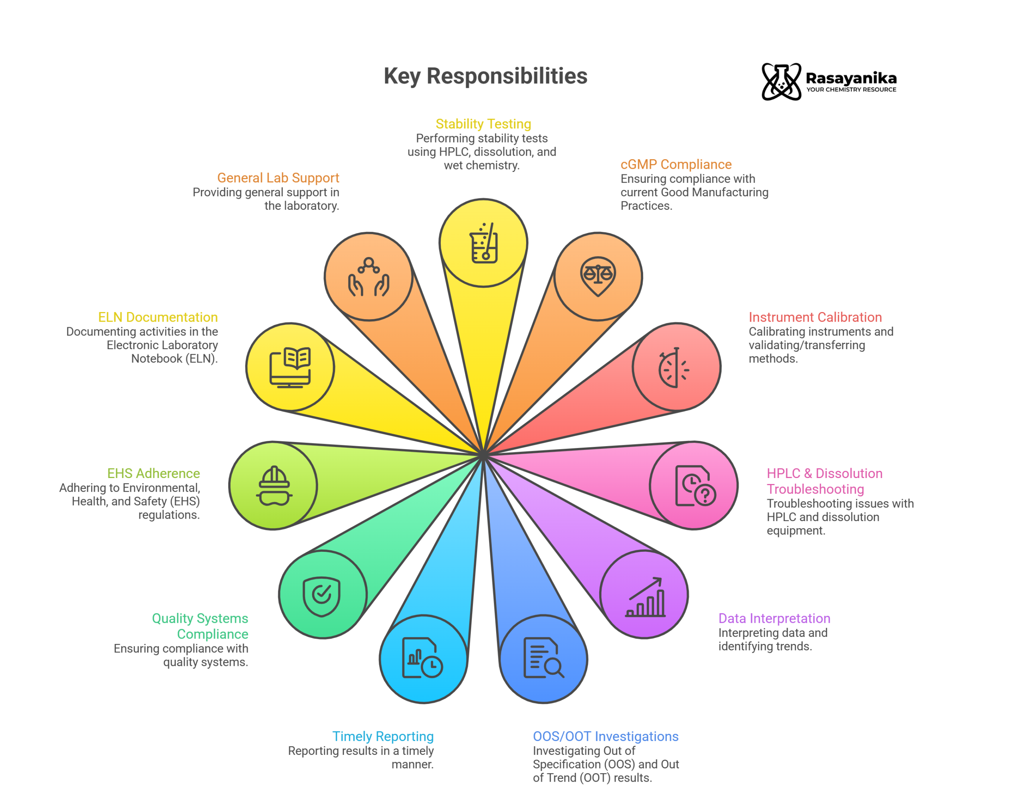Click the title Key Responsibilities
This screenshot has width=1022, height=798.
485,76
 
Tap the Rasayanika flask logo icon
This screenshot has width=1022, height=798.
781,82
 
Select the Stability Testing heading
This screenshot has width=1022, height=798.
483,124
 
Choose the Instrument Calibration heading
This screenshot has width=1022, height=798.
815,317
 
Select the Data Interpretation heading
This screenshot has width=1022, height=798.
774,618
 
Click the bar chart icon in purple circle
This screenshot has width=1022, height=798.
645,597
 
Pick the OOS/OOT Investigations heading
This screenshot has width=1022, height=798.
606,736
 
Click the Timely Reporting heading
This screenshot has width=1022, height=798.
383,736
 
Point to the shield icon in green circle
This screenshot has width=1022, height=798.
321,597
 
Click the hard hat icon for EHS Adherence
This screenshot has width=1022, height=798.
274,486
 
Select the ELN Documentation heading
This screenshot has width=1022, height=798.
158,317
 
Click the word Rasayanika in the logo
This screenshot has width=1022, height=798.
851,79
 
